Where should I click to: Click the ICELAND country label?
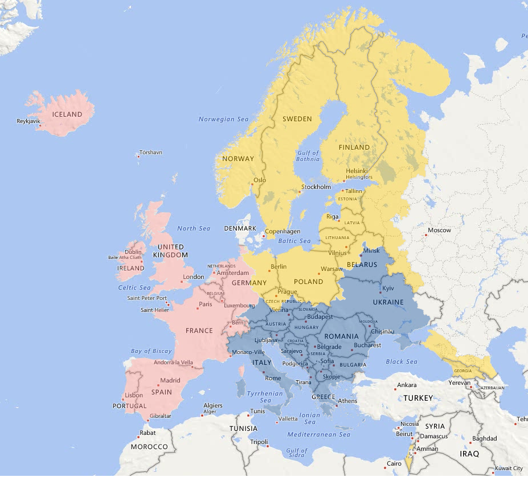(67, 114)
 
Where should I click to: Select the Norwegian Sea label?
(223, 119)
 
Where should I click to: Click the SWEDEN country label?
(297, 119)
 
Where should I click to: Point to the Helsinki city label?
(357, 171)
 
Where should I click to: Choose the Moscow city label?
(439, 231)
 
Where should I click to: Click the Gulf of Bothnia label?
(308, 156)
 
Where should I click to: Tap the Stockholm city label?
(316, 187)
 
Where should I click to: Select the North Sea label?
(194, 228)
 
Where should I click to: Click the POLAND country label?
(308, 281)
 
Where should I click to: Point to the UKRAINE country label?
(388, 302)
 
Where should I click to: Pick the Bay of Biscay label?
(151, 351)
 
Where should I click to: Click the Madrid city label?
(170, 380)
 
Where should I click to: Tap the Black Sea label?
(402, 361)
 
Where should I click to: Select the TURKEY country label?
(418, 398)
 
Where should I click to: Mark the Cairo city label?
(394, 463)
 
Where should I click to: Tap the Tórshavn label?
(151, 153)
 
